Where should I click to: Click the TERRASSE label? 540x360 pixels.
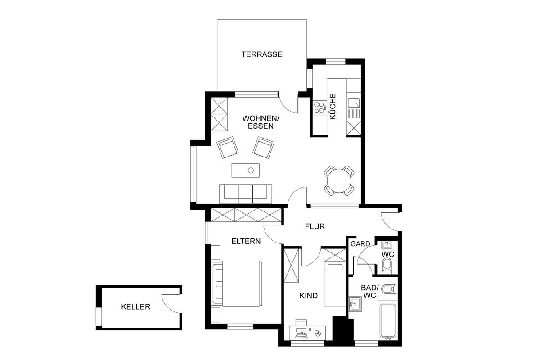[x=262, y=54]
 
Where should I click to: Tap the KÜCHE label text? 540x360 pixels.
[x=333, y=106]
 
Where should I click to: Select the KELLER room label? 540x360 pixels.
[x=136, y=307]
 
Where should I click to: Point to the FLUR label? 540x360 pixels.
[x=315, y=226]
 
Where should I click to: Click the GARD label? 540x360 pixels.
[x=360, y=244]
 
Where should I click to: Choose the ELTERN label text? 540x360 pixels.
[x=246, y=241]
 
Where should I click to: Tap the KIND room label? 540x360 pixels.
[x=309, y=296]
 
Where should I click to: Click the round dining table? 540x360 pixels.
[x=339, y=180]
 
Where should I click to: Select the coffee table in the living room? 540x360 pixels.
[x=246, y=171]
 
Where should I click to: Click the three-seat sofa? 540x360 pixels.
[x=246, y=194]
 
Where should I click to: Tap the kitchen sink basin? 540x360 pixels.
[x=353, y=103]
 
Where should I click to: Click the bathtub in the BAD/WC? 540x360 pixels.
[x=387, y=321]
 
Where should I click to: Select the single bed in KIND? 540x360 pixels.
[x=335, y=285]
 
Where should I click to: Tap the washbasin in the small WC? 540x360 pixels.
[x=387, y=245]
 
